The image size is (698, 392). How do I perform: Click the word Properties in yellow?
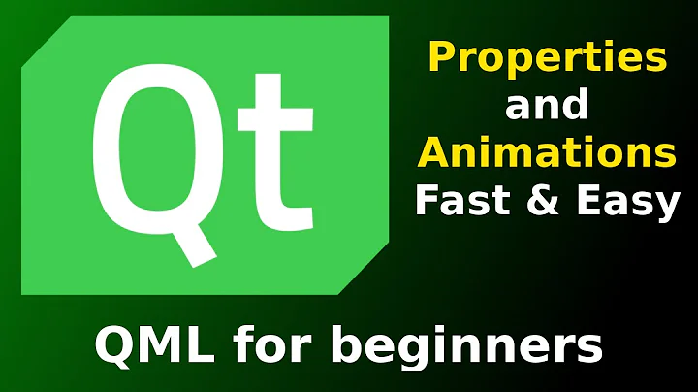pyautogui.click(x=547, y=60)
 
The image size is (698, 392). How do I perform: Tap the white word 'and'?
pyautogui.click(x=546, y=106)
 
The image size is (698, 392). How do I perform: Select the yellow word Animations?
pyautogui.click(x=547, y=152)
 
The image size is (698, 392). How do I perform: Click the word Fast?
pyautogui.click(x=458, y=201)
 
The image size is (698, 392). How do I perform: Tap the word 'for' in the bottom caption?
pyautogui.click(x=280, y=344)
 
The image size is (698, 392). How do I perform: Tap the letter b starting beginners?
pyautogui.click(x=354, y=344)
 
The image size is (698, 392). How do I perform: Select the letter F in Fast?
pyautogui.click(x=428, y=201)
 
